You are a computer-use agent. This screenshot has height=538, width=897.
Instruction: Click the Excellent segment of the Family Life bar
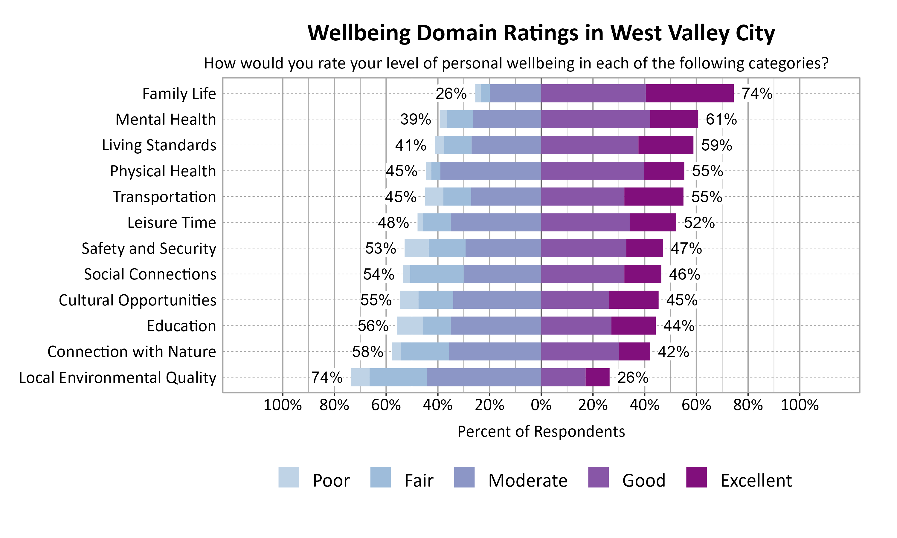pos(689,93)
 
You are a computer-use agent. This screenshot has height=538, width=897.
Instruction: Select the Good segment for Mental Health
pos(595,119)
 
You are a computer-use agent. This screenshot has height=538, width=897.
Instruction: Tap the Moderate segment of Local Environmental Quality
pos(484,377)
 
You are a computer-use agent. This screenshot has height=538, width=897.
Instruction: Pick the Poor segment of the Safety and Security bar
pos(416,248)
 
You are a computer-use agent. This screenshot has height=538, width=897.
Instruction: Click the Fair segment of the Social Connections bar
pos(437,274)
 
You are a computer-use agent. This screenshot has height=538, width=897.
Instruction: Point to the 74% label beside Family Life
pos(757,94)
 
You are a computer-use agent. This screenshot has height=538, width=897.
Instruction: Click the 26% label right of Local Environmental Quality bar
pos(633,378)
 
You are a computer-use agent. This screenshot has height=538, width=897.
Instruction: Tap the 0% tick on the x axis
pos(541,405)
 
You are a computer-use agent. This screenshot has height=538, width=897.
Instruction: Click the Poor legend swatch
pos(289,477)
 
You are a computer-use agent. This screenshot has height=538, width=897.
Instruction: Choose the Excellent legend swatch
pos(696,477)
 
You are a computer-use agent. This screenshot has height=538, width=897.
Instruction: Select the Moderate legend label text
pos(527,481)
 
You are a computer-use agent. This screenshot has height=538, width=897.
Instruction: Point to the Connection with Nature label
pos(132,352)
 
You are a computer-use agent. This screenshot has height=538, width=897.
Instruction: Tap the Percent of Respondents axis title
pos(541,431)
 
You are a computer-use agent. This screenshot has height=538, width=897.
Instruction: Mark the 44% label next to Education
pos(679,326)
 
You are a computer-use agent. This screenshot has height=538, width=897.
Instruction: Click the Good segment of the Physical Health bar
pos(592,171)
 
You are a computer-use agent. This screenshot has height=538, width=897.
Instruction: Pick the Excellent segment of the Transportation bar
pos(654,196)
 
